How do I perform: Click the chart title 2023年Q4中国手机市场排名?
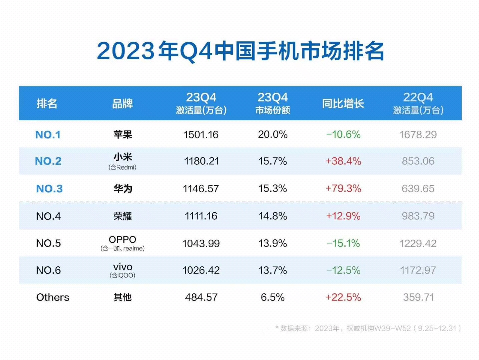coord(240,51)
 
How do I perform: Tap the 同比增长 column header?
coord(343,104)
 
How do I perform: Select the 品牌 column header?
coord(122,104)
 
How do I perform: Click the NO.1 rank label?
coord(48,135)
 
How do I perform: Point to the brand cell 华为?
coord(123,189)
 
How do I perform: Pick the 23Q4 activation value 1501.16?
coord(201,135)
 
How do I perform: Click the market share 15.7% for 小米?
coord(273,161)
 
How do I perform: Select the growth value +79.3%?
coord(343,189)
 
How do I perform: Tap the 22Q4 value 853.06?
coord(418,161)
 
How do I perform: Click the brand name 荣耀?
coord(123,216)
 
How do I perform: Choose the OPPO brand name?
coord(122,239)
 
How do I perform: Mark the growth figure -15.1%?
coord(343,243)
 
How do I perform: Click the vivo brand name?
coord(123,267)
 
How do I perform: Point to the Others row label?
coord(53,297)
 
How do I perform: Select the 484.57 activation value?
coord(201,297)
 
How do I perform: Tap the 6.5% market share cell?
coord(273,297)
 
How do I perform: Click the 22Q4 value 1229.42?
coord(418,243)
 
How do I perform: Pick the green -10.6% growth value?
coord(343,135)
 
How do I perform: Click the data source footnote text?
coord(368,329)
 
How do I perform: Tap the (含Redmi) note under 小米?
coord(122,167)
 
